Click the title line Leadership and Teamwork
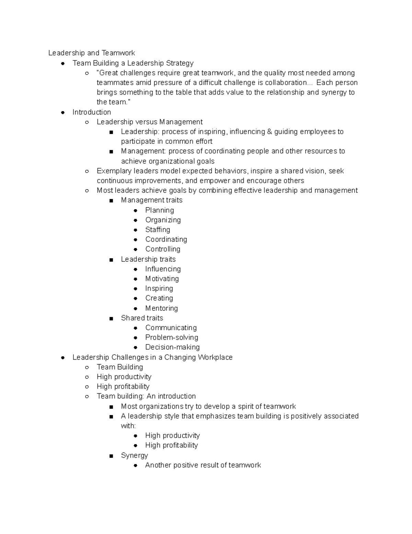click(91, 53)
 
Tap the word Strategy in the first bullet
click(180, 63)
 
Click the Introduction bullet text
click(91, 112)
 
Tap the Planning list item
click(159, 210)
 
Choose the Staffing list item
click(158, 230)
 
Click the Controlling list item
click(162, 249)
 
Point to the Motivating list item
click(162, 279)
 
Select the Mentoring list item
click(161, 308)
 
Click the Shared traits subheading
click(142, 318)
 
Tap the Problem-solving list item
click(171, 337)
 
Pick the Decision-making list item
click(172, 347)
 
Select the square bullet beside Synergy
click(111, 456)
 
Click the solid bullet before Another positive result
click(136, 466)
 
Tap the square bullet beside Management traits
click(111, 201)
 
